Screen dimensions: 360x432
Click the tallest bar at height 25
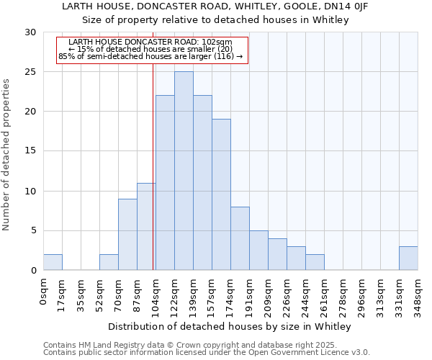184,171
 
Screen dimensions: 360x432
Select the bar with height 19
221,194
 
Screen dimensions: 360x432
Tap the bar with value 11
146,226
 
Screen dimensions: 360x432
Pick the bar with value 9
127,234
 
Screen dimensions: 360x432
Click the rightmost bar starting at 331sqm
408,258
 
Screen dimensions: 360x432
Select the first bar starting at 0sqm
53,262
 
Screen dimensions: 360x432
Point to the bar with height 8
240,238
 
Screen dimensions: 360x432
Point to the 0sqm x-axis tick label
43,292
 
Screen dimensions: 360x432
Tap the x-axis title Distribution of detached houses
230,327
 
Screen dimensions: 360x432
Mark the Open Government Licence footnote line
207,353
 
